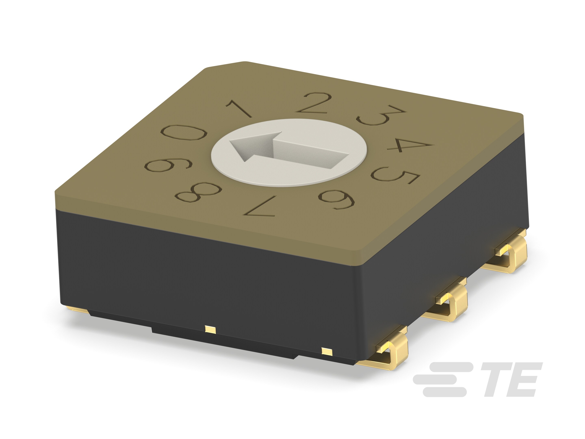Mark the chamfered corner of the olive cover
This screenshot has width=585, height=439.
[225, 65]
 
